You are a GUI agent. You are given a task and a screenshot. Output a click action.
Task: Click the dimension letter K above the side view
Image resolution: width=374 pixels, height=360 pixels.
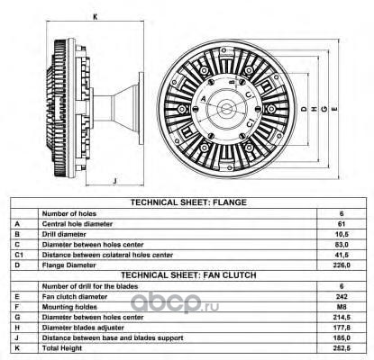(x=96, y=17)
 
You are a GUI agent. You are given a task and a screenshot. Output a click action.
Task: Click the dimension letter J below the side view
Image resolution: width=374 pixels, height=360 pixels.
(x=114, y=181)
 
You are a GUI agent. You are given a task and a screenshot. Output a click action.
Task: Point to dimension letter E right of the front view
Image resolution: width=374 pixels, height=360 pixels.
(x=335, y=109)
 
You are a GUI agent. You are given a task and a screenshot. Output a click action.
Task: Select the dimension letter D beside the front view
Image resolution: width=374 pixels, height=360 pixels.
(x=304, y=109)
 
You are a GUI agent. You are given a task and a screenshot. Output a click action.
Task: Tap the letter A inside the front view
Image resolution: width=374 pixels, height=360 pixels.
(x=204, y=98)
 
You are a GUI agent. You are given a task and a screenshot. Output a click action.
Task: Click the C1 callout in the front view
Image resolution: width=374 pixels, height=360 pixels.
(x=250, y=123)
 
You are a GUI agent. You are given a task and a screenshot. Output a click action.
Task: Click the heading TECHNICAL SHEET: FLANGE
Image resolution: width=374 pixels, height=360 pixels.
(x=188, y=202)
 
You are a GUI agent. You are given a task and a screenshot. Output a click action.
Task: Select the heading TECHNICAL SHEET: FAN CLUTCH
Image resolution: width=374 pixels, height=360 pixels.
(x=188, y=275)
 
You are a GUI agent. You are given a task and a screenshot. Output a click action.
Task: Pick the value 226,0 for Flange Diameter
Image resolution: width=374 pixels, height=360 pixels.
(x=342, y=265)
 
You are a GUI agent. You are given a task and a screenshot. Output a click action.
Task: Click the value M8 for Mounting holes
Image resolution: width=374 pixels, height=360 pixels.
(x=342, y=307)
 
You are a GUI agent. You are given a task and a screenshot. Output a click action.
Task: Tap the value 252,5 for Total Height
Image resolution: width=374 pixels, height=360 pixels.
(x=342, y=348)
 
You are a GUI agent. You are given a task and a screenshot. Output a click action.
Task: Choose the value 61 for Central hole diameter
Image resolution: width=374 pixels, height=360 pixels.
(x=342, y=224)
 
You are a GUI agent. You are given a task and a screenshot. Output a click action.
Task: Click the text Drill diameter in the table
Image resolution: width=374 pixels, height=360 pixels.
(x=64, y=234)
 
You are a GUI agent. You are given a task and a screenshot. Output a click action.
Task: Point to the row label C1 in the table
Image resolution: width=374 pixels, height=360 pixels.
(x=19, y=255)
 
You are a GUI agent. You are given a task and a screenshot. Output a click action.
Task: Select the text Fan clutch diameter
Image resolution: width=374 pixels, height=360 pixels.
(x=75, y=297)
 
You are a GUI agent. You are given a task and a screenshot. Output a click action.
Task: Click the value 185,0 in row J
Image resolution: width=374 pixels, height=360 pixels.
(x=342, y=337)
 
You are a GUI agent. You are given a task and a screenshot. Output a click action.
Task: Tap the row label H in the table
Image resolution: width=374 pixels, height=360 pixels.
(x=17, y=328)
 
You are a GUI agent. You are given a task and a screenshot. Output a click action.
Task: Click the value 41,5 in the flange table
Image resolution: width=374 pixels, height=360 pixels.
(x=342, y=255)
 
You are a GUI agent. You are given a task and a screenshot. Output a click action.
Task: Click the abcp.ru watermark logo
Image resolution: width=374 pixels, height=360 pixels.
(x=175, y=302)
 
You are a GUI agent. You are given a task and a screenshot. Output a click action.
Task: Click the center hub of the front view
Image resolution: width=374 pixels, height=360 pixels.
(x=226, y=109)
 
